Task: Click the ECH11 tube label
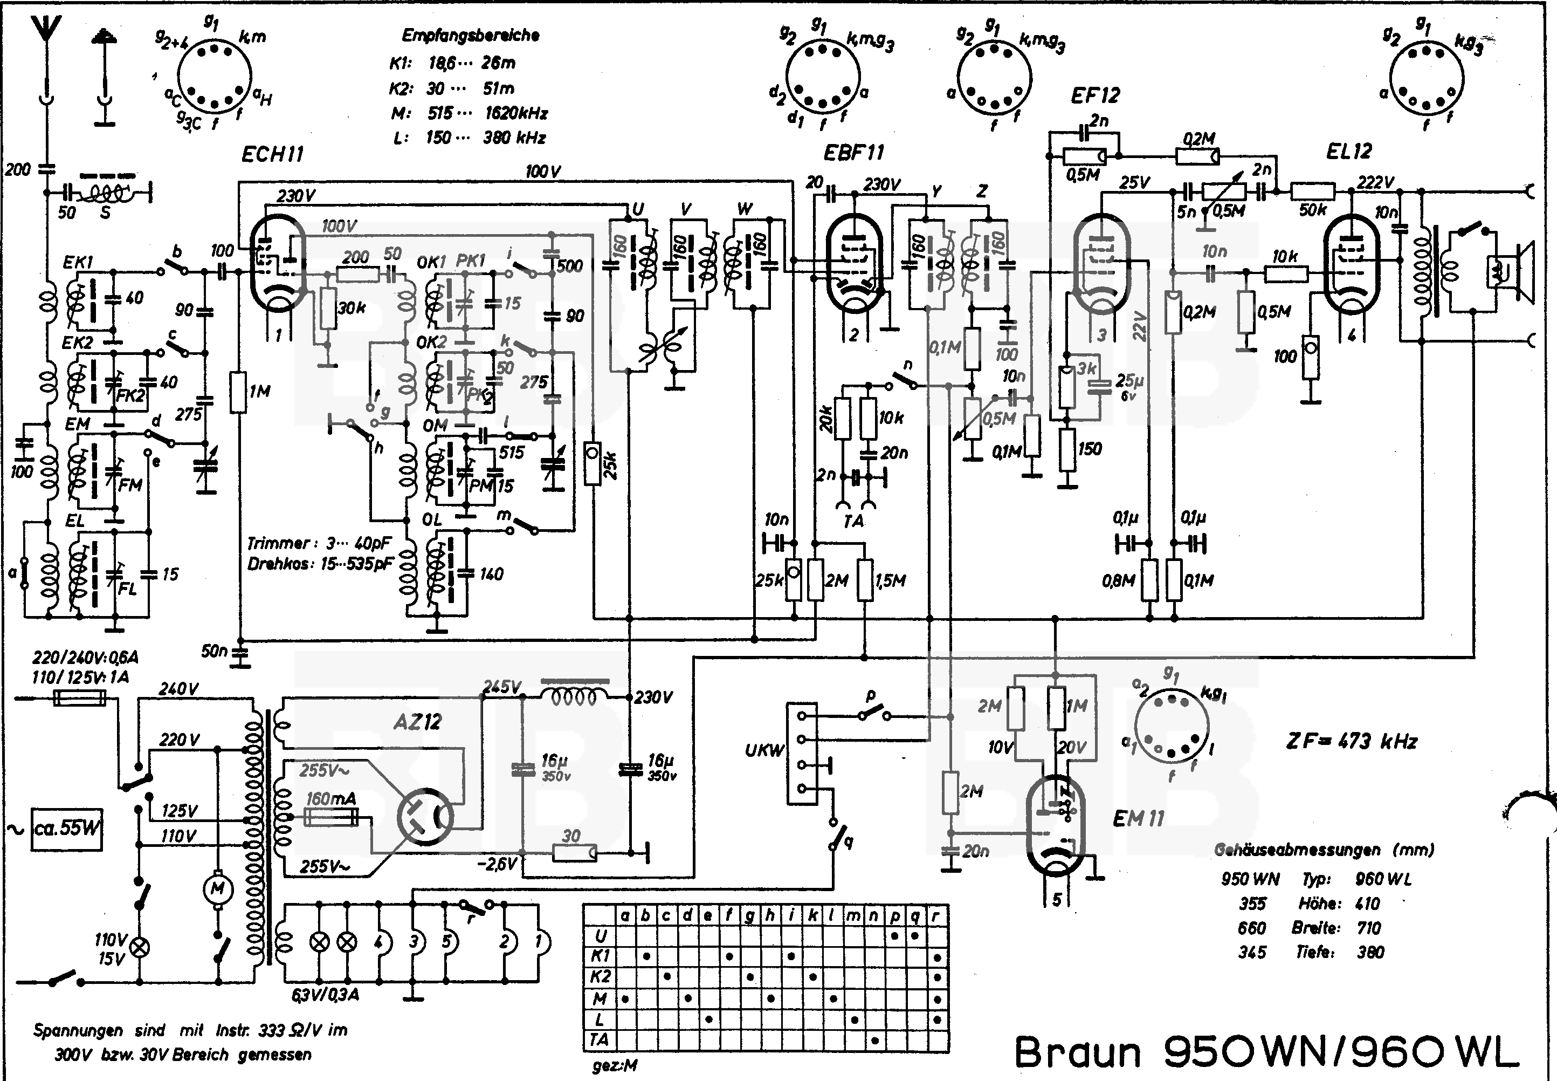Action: coord(272,154)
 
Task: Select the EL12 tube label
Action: coord(1348,151)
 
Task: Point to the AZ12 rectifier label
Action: coord(417,722)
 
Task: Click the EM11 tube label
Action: coord(1139,819)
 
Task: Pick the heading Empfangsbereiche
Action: coord(471,35)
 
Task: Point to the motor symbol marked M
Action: coord(218,888)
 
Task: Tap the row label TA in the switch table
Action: coord(600,1039)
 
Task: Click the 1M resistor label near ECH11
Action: coord(259,392)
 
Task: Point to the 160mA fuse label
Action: coord(330,799)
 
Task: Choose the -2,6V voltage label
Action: coord(498,864)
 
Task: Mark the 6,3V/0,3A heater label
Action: coord(325,995)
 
